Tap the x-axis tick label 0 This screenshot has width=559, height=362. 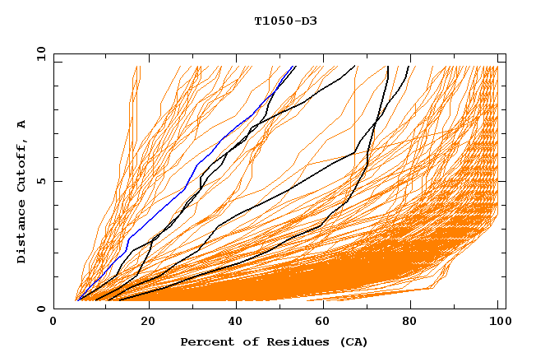(53, 322)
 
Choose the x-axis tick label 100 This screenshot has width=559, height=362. (497, 322)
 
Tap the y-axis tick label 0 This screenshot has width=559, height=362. (40, 309)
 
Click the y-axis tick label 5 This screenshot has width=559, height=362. (40, 181)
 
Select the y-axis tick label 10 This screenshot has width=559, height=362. (38, 53)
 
